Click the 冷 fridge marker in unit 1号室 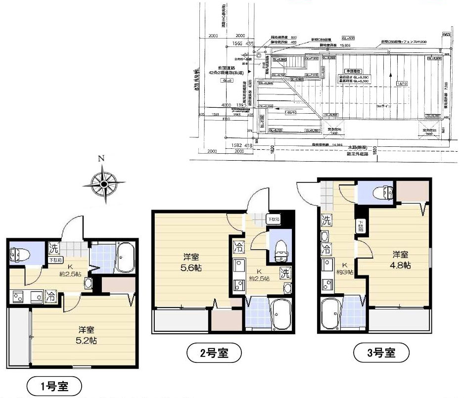pos(51,297)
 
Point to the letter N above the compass pos(101,159)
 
